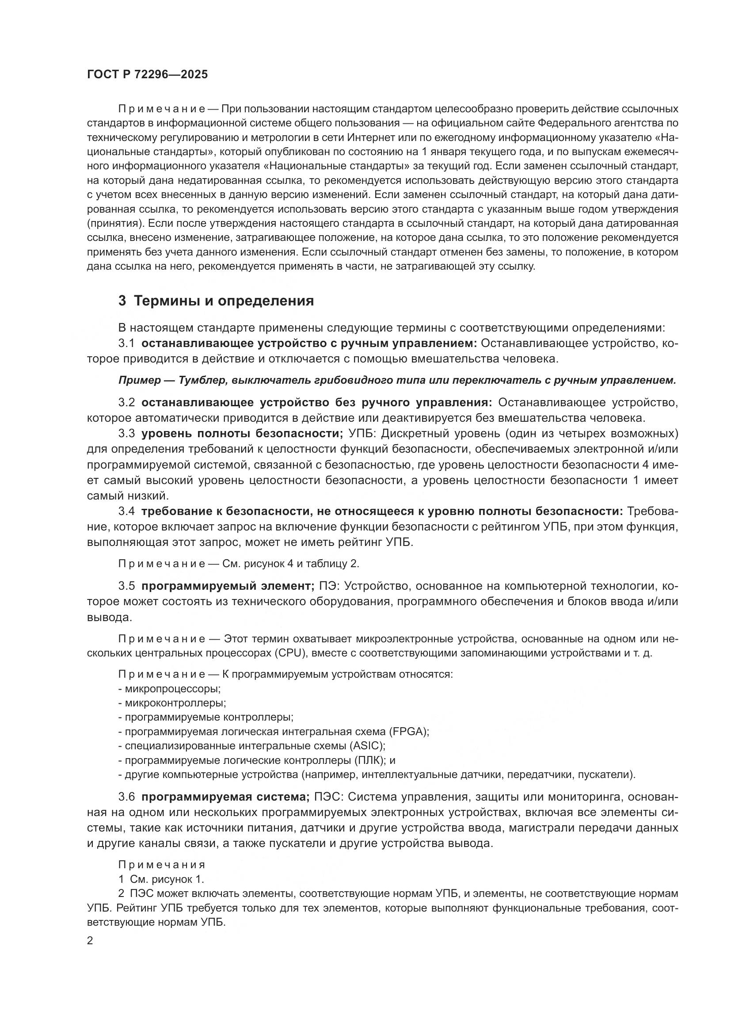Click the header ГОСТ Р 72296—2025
pos(147,75)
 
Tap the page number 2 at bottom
pos(90,941)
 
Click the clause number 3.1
pos(126,343)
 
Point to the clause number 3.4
pos(126,511)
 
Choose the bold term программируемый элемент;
pos(228,586)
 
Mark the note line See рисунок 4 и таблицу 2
pos(239,563)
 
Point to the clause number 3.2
pos(126,403)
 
